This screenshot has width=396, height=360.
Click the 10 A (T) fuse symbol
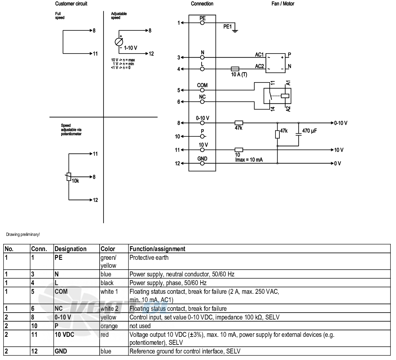(x=235, y=69)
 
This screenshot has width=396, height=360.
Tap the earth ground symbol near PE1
(x=235, y=31)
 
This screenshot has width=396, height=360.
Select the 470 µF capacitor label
(x=309, y=131)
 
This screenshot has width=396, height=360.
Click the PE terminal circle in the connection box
(x=202, y=23)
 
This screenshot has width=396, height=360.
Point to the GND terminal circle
(x=202, y=163)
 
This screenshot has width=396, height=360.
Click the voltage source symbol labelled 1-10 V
(x=119, y=42)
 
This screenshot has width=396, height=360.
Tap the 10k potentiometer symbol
(x=69, y=177)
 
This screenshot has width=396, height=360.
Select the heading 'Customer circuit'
(x=71, y=4)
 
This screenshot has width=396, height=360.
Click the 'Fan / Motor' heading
(x=283, y=4)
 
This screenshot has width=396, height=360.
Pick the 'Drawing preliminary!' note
(x=23, y=234)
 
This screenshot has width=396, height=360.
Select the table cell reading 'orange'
(x=109, y=326)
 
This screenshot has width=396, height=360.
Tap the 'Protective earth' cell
(x=149, y=258)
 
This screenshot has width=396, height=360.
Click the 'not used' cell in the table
(x=140, y=326)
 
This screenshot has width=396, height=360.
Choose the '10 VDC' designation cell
(x=64, y=335)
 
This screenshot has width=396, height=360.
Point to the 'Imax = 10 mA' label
(x=249, y=160)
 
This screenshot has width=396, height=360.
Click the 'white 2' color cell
(x=109, y=309)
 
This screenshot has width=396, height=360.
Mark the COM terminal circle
(x=202, y=90)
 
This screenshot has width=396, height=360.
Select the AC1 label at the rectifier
(x=260, y=55)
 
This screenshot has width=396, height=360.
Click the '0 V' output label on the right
(x=338, y=164)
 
